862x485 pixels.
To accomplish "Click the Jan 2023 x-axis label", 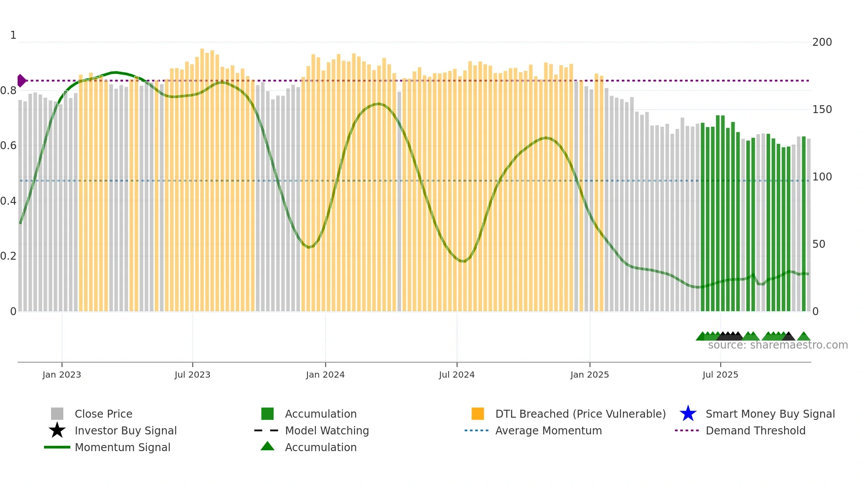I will (62, 375).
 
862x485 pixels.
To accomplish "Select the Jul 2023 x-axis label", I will (192, 375).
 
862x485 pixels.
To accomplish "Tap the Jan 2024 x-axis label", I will (325, 375).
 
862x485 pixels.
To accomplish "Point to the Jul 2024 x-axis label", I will (457, 375).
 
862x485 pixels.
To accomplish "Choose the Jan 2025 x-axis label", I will (589, 375).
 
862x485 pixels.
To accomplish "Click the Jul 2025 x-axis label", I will (720, 375).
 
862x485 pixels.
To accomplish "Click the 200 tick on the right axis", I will (822, 42).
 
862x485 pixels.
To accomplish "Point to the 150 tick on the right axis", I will (822, 110).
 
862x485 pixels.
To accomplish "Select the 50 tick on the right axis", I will (818, 244).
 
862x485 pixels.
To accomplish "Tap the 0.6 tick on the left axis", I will (8, 146).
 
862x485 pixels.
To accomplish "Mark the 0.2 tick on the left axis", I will (8, 256).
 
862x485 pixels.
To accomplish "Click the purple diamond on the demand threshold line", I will (21, 81).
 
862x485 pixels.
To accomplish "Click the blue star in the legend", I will (688, 414).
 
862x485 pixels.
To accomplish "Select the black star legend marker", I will (57, 430).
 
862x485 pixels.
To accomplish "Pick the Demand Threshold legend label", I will (755, 430).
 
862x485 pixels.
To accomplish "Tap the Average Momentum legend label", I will (548, 430).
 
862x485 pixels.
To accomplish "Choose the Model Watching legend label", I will (327, 430).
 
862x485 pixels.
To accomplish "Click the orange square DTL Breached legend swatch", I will (478, 414).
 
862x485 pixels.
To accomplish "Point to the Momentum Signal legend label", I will (122, 447).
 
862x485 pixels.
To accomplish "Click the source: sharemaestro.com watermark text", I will (778, 345).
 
